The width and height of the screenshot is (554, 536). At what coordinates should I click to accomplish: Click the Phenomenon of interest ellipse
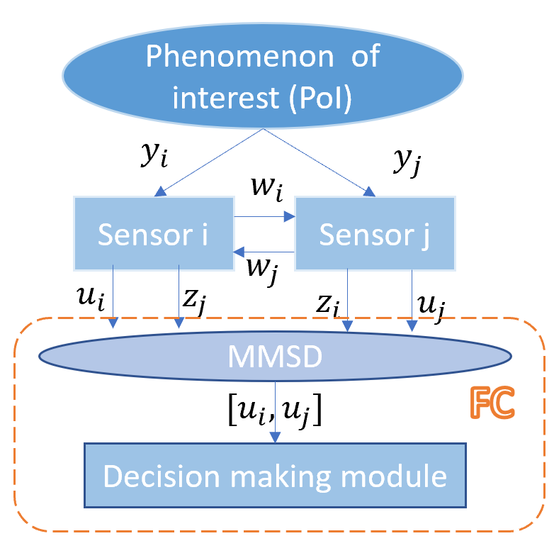point(263,76)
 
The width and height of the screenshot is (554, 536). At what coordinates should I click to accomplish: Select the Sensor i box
point(154,233)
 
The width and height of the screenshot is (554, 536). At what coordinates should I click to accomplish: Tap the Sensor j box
point(375,233)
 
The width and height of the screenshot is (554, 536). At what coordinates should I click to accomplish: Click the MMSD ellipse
point(275,356)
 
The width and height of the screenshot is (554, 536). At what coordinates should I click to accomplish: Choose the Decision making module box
point(275,475)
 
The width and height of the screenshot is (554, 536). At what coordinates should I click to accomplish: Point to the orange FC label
point(492,402)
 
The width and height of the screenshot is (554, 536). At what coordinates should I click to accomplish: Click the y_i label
point(154,155)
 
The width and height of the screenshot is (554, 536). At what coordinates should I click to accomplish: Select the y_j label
point(407,161)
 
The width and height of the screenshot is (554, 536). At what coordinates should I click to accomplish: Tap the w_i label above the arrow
point(267,189)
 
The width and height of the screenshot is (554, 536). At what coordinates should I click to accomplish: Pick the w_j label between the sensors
point(262,271)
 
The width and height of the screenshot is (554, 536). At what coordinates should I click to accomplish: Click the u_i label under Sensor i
point(91,298)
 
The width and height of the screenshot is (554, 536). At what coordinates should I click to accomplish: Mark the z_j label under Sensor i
point(194,301)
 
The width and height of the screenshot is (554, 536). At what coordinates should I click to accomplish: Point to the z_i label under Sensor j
point(327,305)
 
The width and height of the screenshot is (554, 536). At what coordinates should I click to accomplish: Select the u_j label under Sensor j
point(431,308)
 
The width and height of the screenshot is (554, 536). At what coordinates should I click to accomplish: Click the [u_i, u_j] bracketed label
point(275,410)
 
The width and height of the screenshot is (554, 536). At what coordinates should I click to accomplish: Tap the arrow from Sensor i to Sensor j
point(265,216)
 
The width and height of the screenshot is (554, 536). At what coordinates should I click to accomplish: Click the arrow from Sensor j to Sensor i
point(264,252)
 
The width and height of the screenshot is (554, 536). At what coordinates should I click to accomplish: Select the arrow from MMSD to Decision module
point(276,412)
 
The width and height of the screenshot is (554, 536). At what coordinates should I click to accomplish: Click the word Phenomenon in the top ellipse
point(240,57)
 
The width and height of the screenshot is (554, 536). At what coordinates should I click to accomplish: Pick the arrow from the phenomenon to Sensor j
point(319,162)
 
